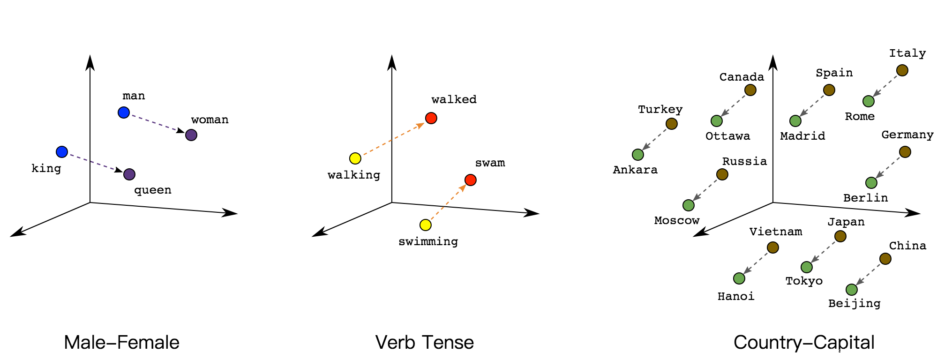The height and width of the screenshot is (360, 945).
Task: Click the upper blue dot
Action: click(124, 112)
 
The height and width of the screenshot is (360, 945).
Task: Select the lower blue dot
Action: click(62, 152)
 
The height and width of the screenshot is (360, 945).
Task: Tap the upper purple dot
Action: click(191, 135)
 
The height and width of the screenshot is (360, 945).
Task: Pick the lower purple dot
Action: click(129, 174)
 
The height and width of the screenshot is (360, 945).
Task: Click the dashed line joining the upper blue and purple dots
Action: click(155, 123)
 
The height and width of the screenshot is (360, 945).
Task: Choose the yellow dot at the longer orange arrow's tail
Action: click(355, 158)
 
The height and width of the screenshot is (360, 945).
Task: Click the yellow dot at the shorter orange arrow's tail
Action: click(426, 225)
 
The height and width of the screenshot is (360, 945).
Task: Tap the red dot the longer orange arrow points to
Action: click(431, 118)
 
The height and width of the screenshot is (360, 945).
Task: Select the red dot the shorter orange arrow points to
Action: click(471, 180)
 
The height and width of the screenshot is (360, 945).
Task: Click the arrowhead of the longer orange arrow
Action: click(420, 125)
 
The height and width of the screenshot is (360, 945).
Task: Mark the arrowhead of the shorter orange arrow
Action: click(463, 188)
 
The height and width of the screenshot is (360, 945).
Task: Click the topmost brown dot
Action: click(902, 70)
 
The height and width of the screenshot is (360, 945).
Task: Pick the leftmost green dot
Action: click(638, 155)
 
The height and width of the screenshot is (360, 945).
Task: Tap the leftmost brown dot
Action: click(672, 124)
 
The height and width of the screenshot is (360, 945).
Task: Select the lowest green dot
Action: click(852, 290)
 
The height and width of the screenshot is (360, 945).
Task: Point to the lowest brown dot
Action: click(885, 259)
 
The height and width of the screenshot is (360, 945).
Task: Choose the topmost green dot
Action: click(869, 101)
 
